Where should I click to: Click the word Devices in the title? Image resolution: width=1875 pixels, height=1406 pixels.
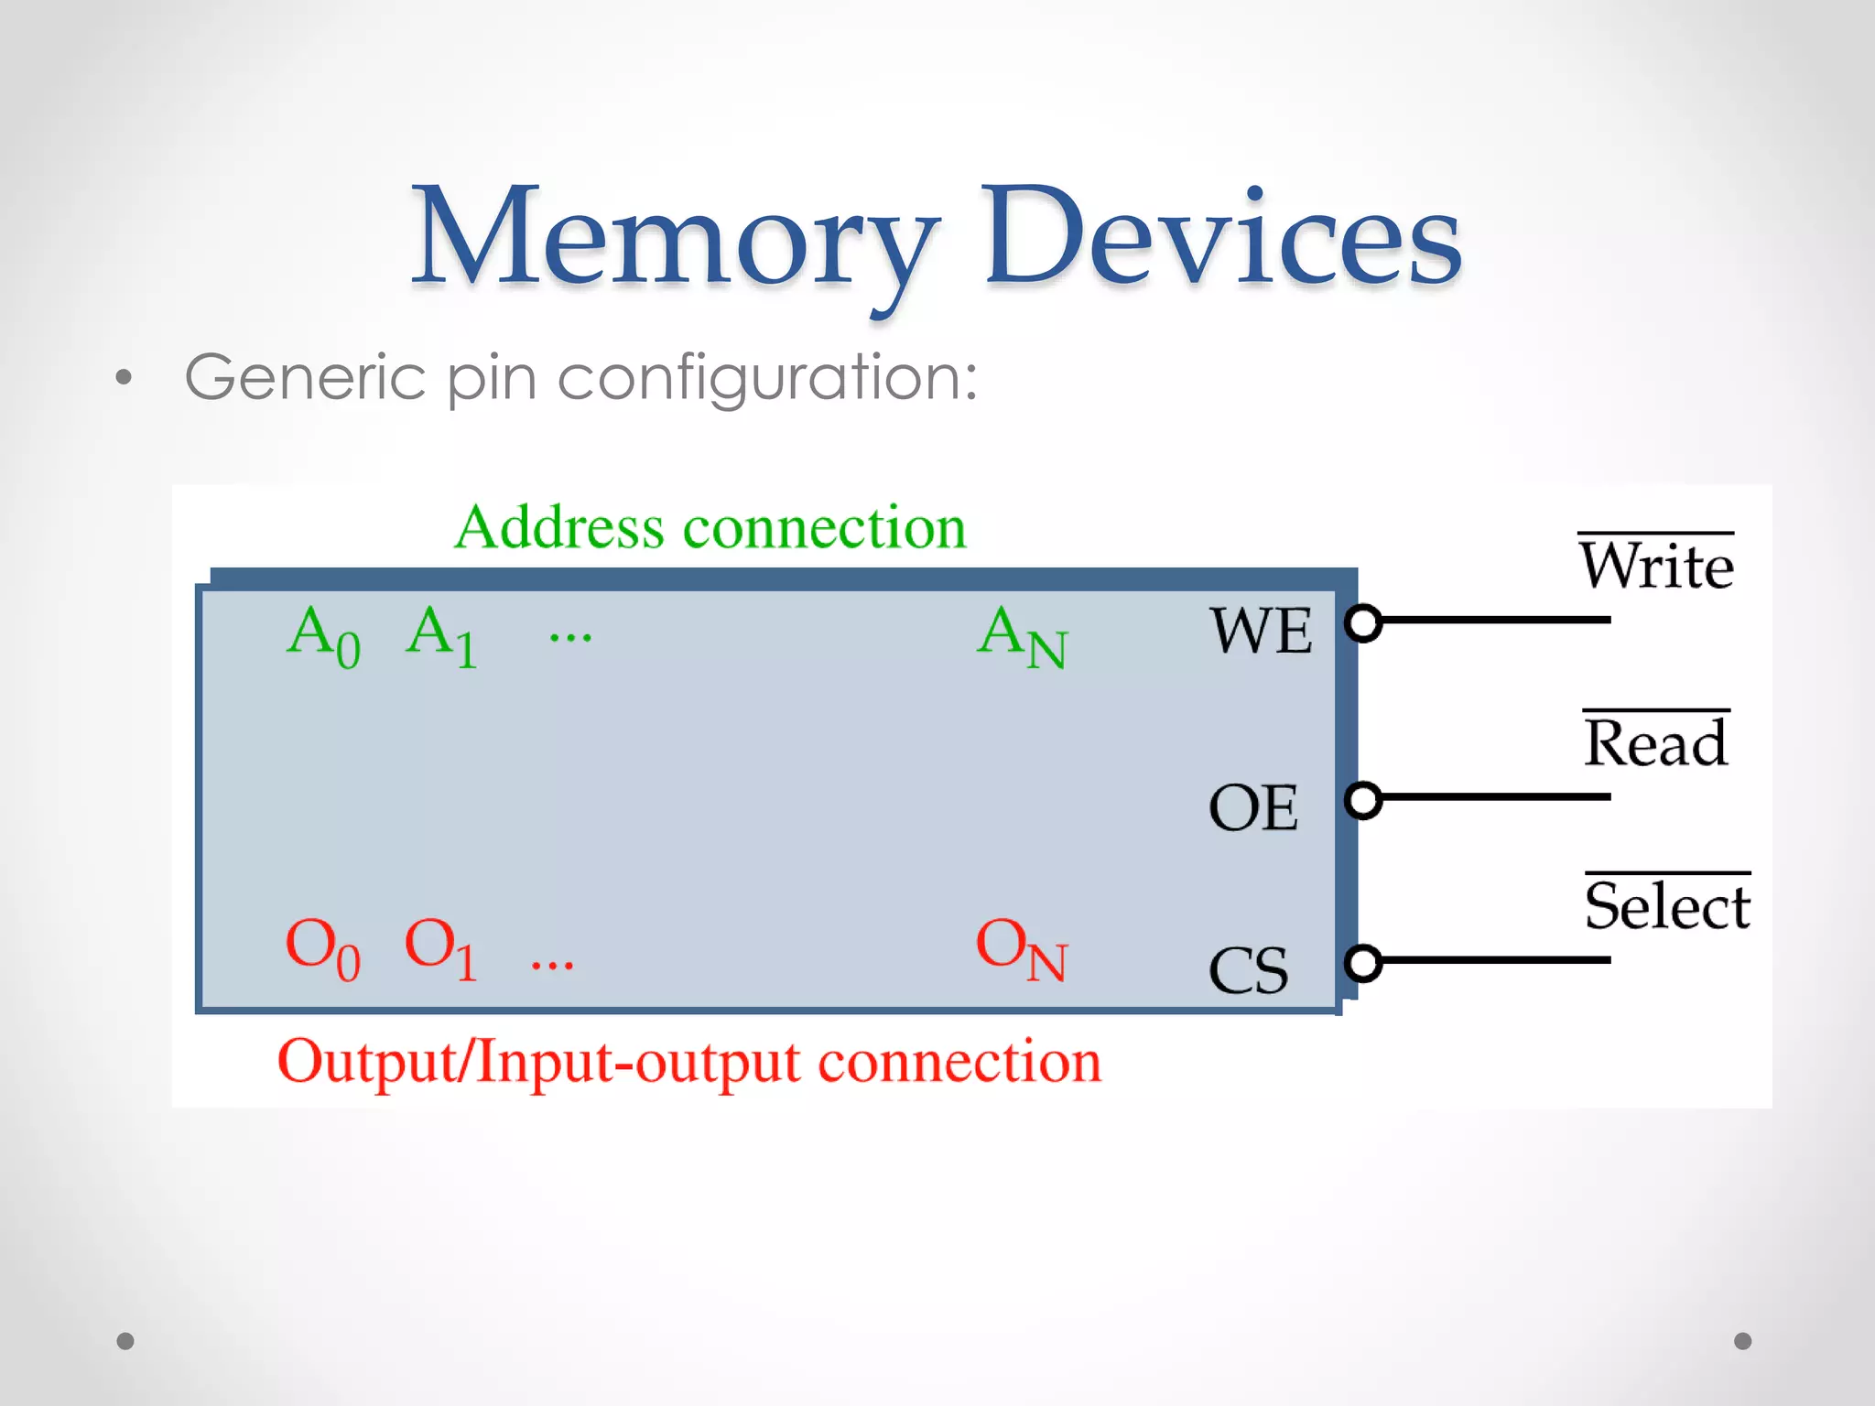tap(1221, 238)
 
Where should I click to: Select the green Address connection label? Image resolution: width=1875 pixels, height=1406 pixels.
tap(710, 528)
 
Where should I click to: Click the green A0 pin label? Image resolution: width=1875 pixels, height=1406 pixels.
tap(323, 636)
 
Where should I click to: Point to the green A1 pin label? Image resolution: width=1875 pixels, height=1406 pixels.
tap(441, 636)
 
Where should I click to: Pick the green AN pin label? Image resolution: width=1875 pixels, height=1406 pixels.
tap(1022, 636)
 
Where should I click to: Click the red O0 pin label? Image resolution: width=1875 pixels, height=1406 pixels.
tap(323, 948)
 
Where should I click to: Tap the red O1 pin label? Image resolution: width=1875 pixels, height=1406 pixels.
tap(441, 948)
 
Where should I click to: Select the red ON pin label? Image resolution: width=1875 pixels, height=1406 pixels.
tap(1022, 948)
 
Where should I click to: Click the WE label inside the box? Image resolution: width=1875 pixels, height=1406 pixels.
tap(1261, 631)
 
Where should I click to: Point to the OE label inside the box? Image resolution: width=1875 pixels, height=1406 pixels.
tap(1253, 807)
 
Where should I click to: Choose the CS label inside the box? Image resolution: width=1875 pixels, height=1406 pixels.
tap(1249, 970)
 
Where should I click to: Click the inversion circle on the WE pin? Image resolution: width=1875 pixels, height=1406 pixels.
tap(1364, 623)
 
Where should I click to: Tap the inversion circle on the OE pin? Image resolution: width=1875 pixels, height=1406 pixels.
tap(1364, 800)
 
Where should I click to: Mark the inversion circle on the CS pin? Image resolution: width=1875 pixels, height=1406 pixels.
tap(1364, 963)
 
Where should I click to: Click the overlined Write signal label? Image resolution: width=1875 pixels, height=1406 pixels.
tap(1656, 565)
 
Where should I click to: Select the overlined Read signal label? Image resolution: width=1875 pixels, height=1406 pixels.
tap(1656, 742)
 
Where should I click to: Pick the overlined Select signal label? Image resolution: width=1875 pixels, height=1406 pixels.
tap(1667, 905)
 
